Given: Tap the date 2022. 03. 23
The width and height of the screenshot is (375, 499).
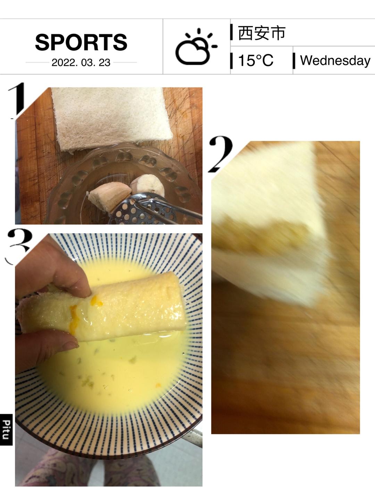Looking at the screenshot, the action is click(x=81, y=62).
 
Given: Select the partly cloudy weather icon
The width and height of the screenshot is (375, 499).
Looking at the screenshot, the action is click(x=196, y=46).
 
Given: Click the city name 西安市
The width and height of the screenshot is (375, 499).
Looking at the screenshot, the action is click(x=261, y=33).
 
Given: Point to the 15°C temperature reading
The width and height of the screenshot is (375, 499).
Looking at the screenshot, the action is click(x=256, y=61).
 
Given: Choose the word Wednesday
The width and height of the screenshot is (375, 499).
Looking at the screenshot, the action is click(x=335, y=61).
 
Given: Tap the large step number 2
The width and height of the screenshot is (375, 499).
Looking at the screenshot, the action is click(x=220, y=154).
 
